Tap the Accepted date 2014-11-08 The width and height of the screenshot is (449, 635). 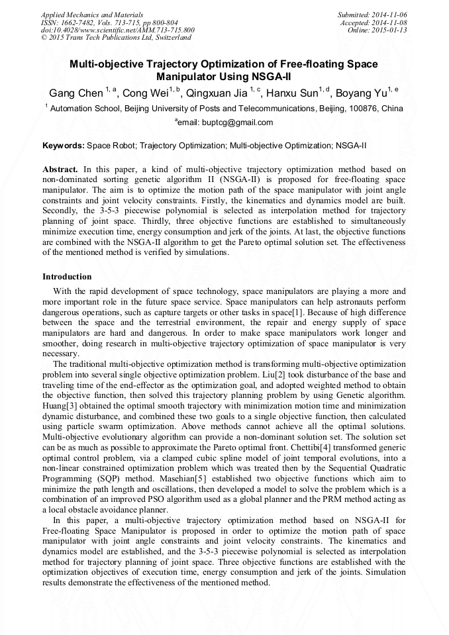[x=391, y=23]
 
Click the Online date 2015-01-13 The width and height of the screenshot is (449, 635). [x=391, y=30]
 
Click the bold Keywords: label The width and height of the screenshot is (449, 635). [x=64, y=144]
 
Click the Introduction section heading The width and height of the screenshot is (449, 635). [x=67, y=276]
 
